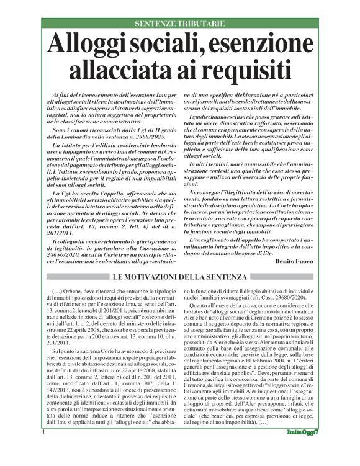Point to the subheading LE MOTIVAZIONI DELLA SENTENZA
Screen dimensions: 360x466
[x=179, y=275]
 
